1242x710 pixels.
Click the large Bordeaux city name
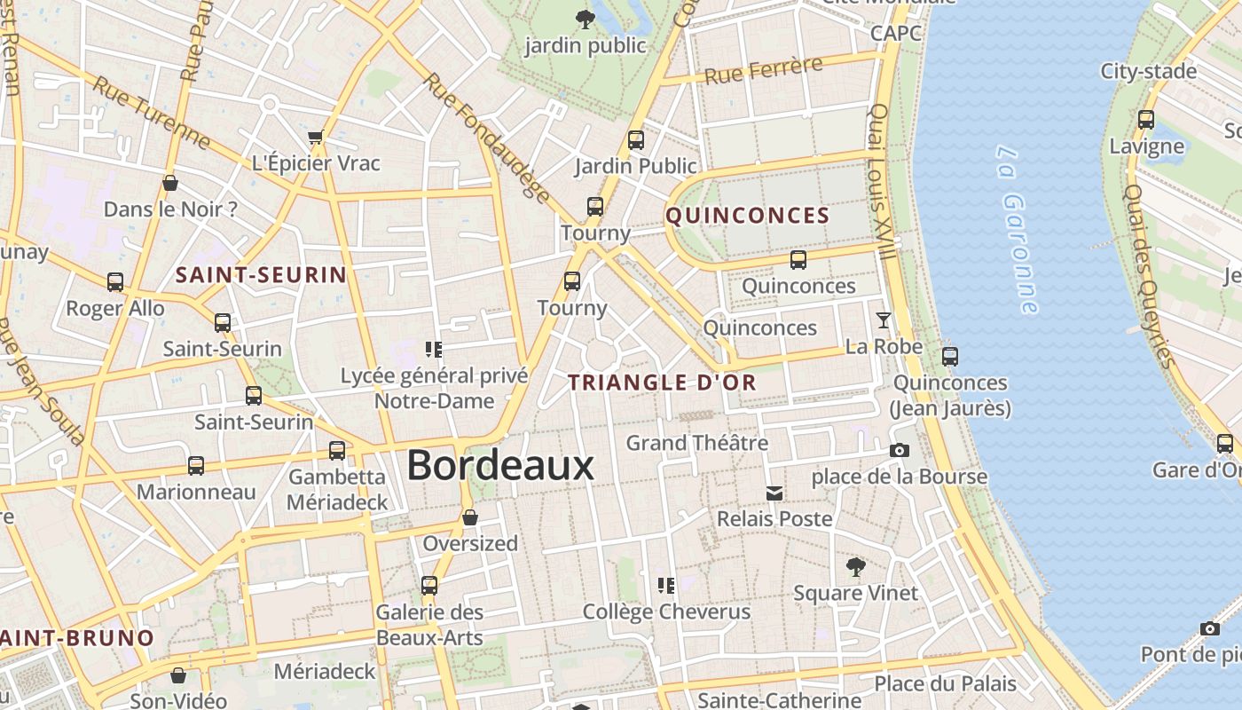point(499,466)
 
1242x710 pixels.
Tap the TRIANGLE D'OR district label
point(662,383)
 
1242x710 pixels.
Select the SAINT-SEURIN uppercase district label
point(261,275)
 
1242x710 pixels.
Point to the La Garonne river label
point(1017,230)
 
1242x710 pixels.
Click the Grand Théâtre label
point(697,442)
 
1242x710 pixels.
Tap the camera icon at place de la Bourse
point(900,451)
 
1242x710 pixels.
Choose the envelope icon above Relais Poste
point(774,493)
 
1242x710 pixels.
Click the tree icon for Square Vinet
point(855,566)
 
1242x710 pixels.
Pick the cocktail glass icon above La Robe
point(884,320)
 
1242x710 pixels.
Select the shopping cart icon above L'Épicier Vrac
point(316,138)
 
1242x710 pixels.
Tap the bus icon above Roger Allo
point(115,282)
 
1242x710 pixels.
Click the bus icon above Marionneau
point(196,466)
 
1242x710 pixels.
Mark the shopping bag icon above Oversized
point(470,517)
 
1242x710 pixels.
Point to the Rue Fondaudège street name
point(486,138)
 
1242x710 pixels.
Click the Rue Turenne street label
point(152,113)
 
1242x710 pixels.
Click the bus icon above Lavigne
point(1146,120)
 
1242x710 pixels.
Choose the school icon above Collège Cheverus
point(666,586)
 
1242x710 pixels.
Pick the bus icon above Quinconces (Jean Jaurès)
point(950,357)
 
